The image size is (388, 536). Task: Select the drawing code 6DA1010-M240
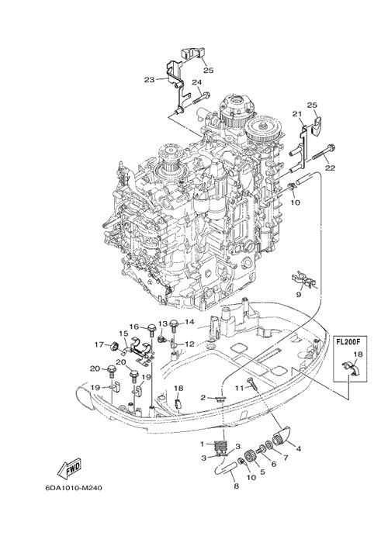coord(74,488)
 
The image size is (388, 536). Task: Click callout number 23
coord(149,80)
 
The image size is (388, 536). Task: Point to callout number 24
coord(196,82)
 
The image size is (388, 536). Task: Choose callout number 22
coord(330,168)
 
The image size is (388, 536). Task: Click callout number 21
coord(297,114)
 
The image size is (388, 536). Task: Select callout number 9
coord(299,295)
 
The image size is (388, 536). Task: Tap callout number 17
coord(99,345)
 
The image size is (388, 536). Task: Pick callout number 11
coord(239,388)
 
